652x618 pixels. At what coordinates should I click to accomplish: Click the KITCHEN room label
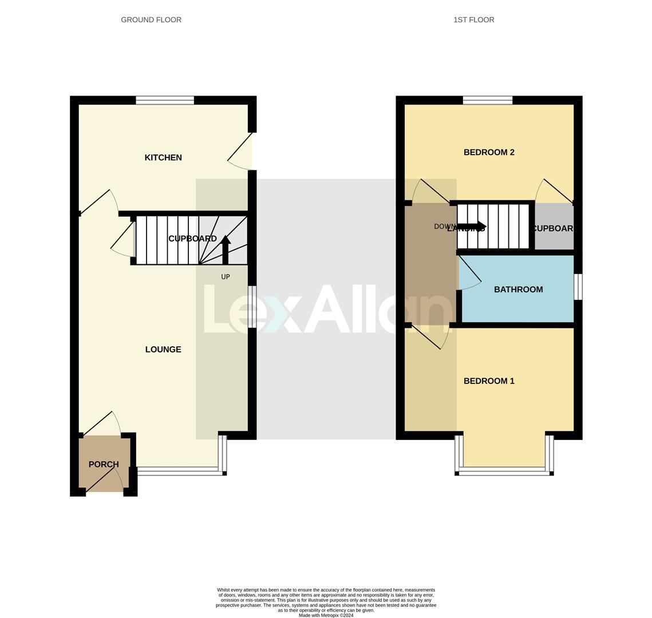pos(163,157)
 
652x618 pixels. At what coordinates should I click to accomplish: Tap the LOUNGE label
pos(163,349)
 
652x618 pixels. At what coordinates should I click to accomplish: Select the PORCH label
pos(104,464)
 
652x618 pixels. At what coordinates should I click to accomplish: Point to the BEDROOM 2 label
pos(489,152)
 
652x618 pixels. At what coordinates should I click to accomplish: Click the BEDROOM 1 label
pos(489,381)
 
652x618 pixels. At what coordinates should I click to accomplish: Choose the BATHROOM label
pos(518,290)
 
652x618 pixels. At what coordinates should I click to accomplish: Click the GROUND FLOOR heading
pos(151,19)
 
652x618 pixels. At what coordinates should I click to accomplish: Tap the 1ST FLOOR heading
pos(474,19)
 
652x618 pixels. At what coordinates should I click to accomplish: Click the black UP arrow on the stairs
pos(226,249)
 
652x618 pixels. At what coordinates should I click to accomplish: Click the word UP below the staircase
pos(226,277)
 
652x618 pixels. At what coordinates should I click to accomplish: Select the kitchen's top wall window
pos(165,101)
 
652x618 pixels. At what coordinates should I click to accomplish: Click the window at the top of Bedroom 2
pos(488,101)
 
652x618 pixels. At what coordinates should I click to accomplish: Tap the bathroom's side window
pos(578,287)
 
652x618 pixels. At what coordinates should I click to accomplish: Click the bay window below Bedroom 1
pos(504,470)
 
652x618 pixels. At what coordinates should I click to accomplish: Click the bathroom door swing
pos(469,274)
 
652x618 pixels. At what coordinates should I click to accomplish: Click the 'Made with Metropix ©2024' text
pos(326,616)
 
